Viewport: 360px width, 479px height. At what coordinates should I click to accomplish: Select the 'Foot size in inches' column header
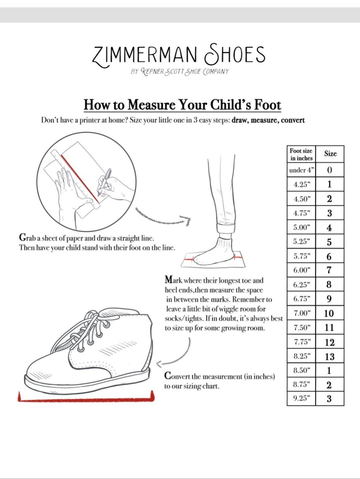click(x=301, y=154)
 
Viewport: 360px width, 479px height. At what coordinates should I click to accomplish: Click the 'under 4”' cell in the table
click(x=301, y=170)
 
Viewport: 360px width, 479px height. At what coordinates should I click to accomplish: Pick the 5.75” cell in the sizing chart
click(x=301, y=256)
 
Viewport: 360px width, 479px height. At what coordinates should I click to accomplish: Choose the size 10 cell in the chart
click(x=330, y=313)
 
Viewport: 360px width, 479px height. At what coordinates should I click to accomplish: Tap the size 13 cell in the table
click(x=330, y=356)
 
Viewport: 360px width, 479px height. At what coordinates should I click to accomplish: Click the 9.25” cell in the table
click(x=301, y=398)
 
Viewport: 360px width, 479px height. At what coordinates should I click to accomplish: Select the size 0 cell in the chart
click(x=330, y=170)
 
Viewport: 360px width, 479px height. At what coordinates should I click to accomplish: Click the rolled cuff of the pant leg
click(x=226, y=228)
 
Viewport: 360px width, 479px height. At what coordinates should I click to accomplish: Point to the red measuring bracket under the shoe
click(x=86, y=399)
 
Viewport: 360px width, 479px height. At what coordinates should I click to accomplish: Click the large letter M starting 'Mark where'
click(x=169, y=280)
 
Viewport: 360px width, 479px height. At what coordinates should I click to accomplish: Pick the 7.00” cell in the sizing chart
click(x=301, y=313)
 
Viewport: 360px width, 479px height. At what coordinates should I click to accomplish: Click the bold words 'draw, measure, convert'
click(x=268, y=120)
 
